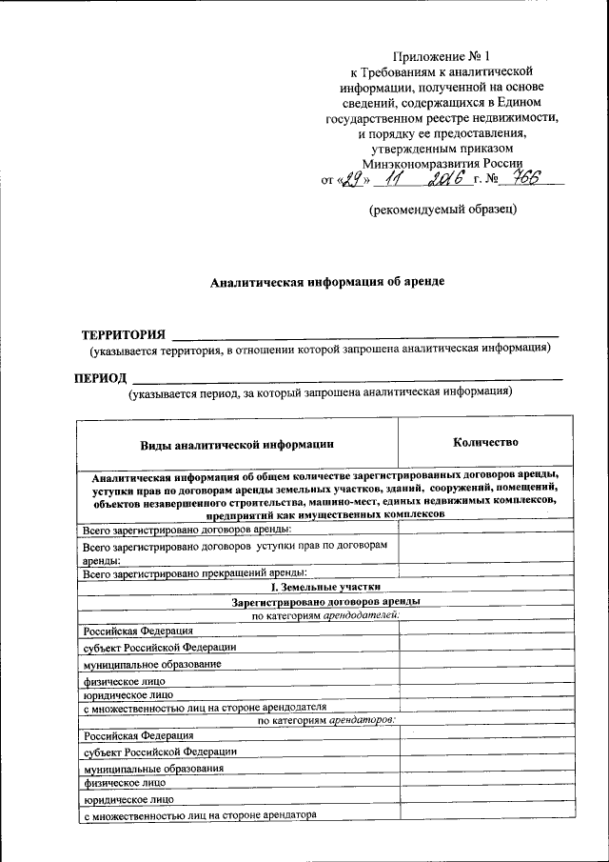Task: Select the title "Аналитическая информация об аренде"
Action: (326, 282)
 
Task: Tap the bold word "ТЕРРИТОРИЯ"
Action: (123, 334)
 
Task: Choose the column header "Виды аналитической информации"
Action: (237, 444)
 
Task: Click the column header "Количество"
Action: (484, 442)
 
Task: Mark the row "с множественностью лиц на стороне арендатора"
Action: (199, 814)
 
